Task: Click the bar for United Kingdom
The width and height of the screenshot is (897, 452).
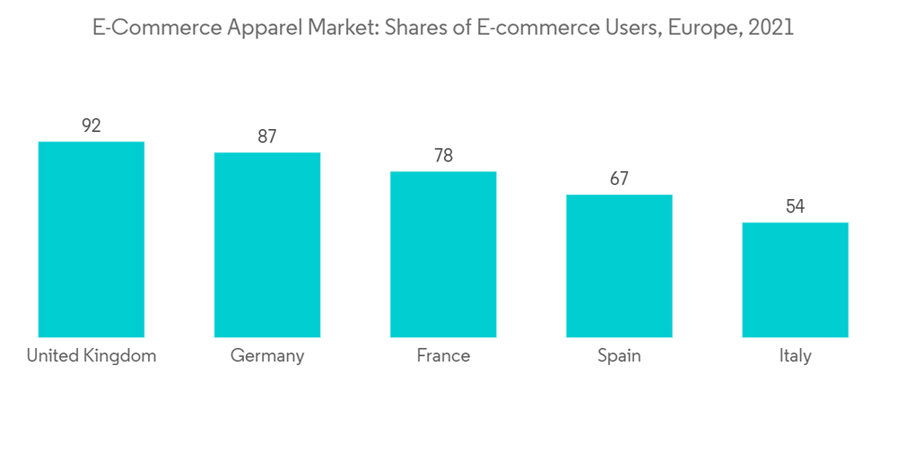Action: [x=91, y=239]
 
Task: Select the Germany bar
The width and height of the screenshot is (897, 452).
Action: [x=267, y=245]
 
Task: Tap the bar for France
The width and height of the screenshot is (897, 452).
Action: [x=443, y=255]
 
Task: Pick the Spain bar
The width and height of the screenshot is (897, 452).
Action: [x=619, y=265]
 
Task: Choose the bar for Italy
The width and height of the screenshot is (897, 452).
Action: [x=795, y=280]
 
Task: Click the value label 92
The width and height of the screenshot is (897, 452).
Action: [x=91, y=126]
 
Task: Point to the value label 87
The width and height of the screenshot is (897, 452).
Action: [x=267, y=137]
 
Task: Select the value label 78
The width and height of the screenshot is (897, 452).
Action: [x=443, y=156]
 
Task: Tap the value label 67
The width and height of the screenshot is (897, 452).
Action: [x=619, y=179]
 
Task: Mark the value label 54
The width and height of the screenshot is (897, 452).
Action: [x=795, y=207]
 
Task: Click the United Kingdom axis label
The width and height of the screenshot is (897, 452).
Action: [x=91, y=356]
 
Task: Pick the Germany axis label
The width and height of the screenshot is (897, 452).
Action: [x=267, y=356]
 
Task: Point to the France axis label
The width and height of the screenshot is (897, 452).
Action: [x=443, y=356]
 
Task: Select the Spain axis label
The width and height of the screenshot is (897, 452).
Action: [x=619, y=356]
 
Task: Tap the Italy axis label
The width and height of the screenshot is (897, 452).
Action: [x=795, y=356]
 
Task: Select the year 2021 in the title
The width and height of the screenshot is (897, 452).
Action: [x=770, y=28]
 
